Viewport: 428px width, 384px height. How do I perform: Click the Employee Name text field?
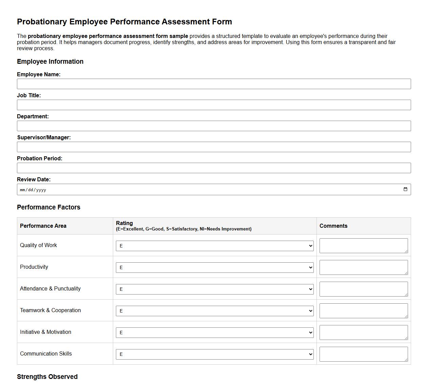coord(213,84)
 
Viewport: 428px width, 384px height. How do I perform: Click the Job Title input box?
coord(213,105)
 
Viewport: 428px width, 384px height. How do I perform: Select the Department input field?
coord(213,126)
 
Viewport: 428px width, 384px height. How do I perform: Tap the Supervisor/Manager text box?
coord(213,147)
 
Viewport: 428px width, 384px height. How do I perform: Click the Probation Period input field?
coord(213,168)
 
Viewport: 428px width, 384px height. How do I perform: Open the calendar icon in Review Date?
coord(405,189)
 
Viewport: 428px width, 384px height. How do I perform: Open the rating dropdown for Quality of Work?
coord(215,246)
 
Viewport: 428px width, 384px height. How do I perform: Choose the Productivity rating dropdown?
coord(215,268)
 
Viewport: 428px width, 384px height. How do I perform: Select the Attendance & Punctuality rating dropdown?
coord(215,289)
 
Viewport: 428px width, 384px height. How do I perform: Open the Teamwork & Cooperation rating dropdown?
coord(215,311)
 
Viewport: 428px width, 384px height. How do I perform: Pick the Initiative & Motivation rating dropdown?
coord(215,333)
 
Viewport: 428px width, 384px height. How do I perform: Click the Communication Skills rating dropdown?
coord(215,355)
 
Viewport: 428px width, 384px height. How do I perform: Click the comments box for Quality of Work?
coord(363,246)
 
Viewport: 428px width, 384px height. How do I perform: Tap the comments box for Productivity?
coord(363,267)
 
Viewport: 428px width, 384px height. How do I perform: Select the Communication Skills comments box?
coord(363,354)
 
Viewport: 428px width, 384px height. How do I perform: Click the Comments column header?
coord(333,226)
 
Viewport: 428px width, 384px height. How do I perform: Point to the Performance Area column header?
coord(43,226)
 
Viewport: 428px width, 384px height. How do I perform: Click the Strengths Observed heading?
coord(47,377)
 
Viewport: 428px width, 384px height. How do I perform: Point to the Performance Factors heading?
coord(48,207)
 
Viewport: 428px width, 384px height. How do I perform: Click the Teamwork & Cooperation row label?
coord(50,310)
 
